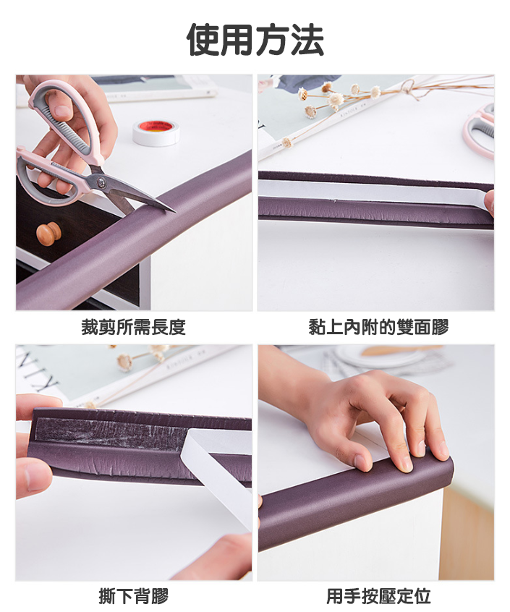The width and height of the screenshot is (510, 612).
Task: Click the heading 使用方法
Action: pos(255,40)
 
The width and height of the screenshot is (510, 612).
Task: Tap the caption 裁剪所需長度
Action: pos(133,327)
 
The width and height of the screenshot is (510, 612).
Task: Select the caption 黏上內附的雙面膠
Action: pos(378,327)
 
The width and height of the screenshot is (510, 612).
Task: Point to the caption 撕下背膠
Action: pos(133,596)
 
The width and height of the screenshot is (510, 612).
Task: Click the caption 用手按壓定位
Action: pos(378,596)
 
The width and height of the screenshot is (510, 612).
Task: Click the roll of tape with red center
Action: pos(156,132)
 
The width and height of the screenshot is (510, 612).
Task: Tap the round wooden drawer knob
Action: pos(48,234)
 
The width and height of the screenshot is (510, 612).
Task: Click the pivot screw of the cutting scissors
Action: pos(102,181)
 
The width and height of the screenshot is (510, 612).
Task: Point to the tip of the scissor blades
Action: pos(175,212)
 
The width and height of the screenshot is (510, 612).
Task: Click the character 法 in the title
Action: pos(307,40)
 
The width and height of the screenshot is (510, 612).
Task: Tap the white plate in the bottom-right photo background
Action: pos(375,357)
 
